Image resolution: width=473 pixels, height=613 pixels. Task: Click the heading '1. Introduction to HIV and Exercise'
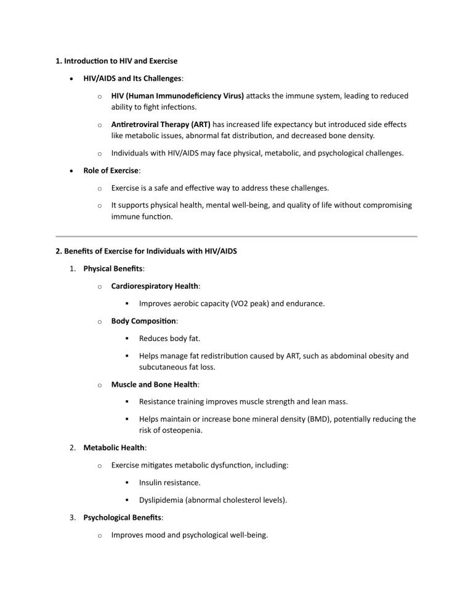pos(116,61)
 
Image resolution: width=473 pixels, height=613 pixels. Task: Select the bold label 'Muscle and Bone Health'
pos(153,384)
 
